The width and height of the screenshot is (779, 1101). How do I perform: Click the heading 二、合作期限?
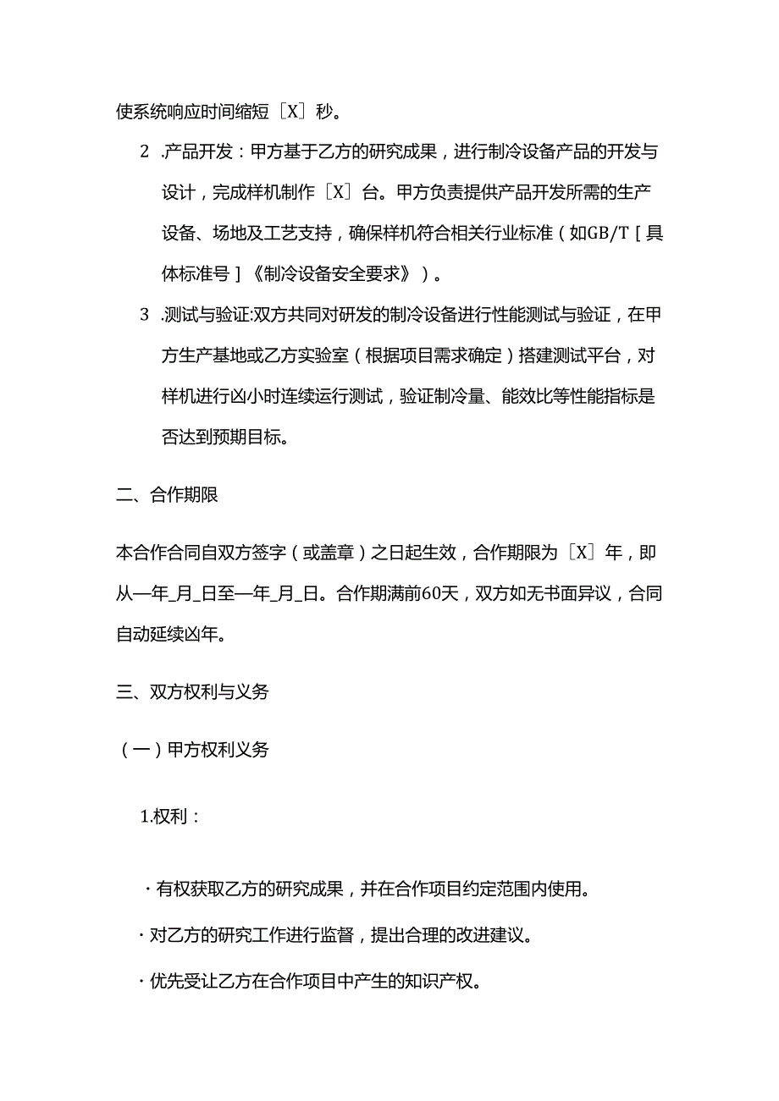click(x=167, y=495)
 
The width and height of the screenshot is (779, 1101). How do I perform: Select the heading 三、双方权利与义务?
click(x=192, y=691)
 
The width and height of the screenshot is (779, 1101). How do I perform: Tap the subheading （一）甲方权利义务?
click(x=192, y=749)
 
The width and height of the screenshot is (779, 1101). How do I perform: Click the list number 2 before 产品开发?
click(x=143, y=152)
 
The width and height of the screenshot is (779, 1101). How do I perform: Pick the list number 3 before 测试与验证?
click(x=143, y=316)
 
